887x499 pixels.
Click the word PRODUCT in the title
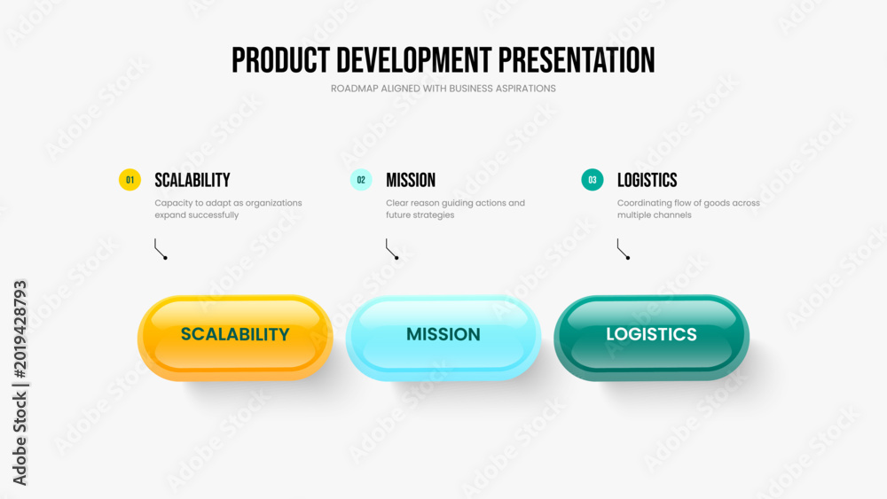(280, 60)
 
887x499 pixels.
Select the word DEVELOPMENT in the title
(414, 60)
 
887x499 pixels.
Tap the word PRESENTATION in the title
(577, 60)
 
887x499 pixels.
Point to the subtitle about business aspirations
(443, 89)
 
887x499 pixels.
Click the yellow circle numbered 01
(130, 180)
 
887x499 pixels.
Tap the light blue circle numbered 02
(361, 180)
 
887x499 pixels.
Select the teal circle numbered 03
(593, 180)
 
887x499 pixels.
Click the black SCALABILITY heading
(192, 180)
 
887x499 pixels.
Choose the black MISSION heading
(411, 180)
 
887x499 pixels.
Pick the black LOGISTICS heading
(648, 180)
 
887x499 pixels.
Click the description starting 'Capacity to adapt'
(228, 208)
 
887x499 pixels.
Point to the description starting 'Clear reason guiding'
(455, 208)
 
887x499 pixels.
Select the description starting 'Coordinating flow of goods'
(688, 208)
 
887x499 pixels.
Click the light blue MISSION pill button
(443, 338)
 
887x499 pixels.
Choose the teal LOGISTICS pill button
(652, 338)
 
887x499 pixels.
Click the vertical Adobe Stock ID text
(20, 383)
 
